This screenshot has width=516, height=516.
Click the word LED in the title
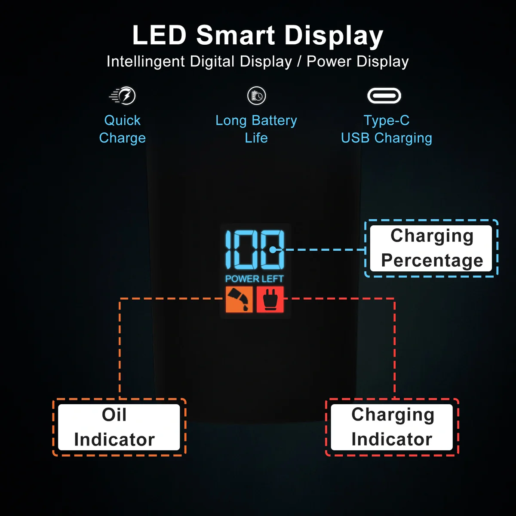click(x=159, y=35)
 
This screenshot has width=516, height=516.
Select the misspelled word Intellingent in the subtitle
click(x=146, y=61)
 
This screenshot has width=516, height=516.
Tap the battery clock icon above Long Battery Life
click(x=257, y=95)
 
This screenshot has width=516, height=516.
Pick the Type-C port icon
click(x=384, y=95)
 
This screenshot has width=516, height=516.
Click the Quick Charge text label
click(x=123, y=129)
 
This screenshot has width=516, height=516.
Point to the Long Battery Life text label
click(x=256, y=129)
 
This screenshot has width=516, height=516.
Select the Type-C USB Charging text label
click(x=386, y=129)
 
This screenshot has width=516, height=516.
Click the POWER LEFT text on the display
click(x=255, y=279)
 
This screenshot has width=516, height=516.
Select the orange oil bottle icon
click(x=239, y=299)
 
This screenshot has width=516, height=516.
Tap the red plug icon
click(x=270, y=299)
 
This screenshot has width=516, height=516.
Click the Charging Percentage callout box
click(x=431, y=248)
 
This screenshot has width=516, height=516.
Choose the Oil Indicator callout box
click(x=119, y=427)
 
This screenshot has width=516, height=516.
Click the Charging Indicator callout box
click(x=392, y=427)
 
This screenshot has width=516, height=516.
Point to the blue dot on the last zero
click(x=273, y=249)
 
